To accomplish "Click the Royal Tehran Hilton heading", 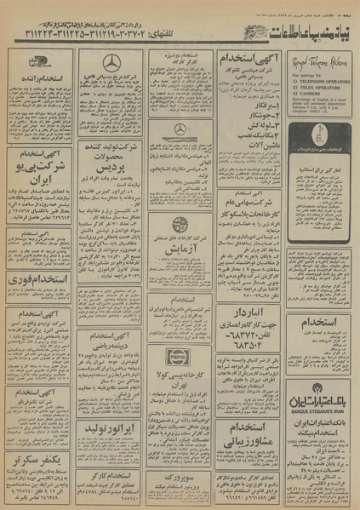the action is coord(320,63).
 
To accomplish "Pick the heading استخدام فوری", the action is coord(41,278).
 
